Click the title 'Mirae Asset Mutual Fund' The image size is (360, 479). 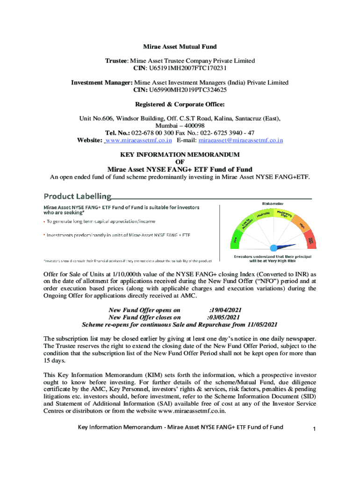pos(180,47)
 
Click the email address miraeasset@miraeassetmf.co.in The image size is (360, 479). pos(241,140)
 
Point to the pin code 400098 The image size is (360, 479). pos(192,126)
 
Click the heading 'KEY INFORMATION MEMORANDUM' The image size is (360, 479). pos(180,154)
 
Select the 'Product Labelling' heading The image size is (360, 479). pos(78,196)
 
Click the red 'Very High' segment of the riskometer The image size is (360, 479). pos(310,242)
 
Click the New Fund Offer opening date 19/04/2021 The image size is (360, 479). pos(225,310)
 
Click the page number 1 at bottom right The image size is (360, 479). pos(315,428)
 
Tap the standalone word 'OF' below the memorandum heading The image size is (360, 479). pos(180,162)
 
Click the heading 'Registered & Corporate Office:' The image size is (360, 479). pos(180,104)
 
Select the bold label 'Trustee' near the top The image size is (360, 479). pos(115,61)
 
